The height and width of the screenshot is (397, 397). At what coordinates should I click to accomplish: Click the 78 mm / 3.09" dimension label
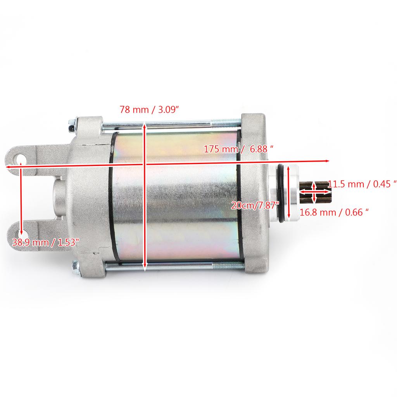[149, 110]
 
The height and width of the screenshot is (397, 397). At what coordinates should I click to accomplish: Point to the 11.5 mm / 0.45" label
[362, 184]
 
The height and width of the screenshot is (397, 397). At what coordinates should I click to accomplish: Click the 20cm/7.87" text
[255, 205]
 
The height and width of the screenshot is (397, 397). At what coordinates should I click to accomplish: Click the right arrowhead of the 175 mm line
[328, 160]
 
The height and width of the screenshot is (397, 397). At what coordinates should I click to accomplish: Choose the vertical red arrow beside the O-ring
[289, 192]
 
